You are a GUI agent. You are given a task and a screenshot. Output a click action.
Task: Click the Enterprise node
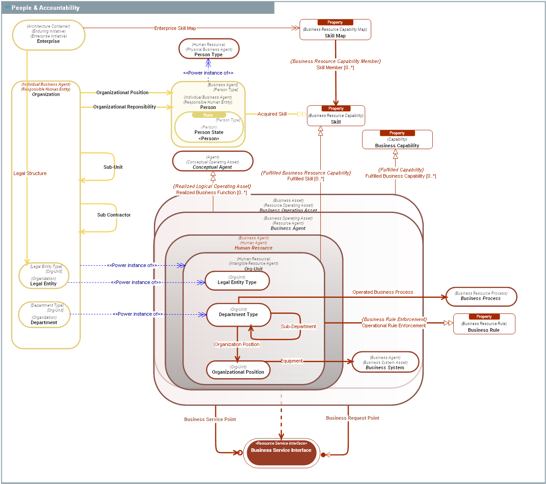[48, 35]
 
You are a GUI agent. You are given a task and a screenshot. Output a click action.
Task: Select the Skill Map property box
[335, 30]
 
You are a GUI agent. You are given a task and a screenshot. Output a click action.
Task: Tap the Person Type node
[209, 49]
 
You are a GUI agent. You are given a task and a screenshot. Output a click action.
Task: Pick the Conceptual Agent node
[212, 161]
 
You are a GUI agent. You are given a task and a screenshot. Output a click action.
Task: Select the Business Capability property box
[397, 140]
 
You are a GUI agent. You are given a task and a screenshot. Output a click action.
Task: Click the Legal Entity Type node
[237, 281]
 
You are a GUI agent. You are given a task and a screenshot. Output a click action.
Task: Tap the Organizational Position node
[238, 370]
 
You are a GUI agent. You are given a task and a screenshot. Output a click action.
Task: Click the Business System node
[385, 362]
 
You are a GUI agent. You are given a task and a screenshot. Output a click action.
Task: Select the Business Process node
[480, 296]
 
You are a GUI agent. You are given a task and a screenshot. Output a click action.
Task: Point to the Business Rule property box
[484, 324]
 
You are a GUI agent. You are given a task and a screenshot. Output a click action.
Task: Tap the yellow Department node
[44, 315]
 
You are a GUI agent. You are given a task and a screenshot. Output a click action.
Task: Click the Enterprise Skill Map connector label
[175, 28]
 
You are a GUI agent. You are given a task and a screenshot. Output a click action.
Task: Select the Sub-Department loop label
[298, 326]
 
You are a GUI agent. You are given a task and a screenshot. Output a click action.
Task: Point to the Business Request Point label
[352, 418]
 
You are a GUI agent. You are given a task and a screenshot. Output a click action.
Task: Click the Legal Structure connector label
[30, 173]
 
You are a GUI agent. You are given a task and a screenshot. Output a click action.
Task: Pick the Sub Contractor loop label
[114, 215]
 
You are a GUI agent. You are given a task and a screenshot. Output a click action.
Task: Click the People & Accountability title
[45, 8]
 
